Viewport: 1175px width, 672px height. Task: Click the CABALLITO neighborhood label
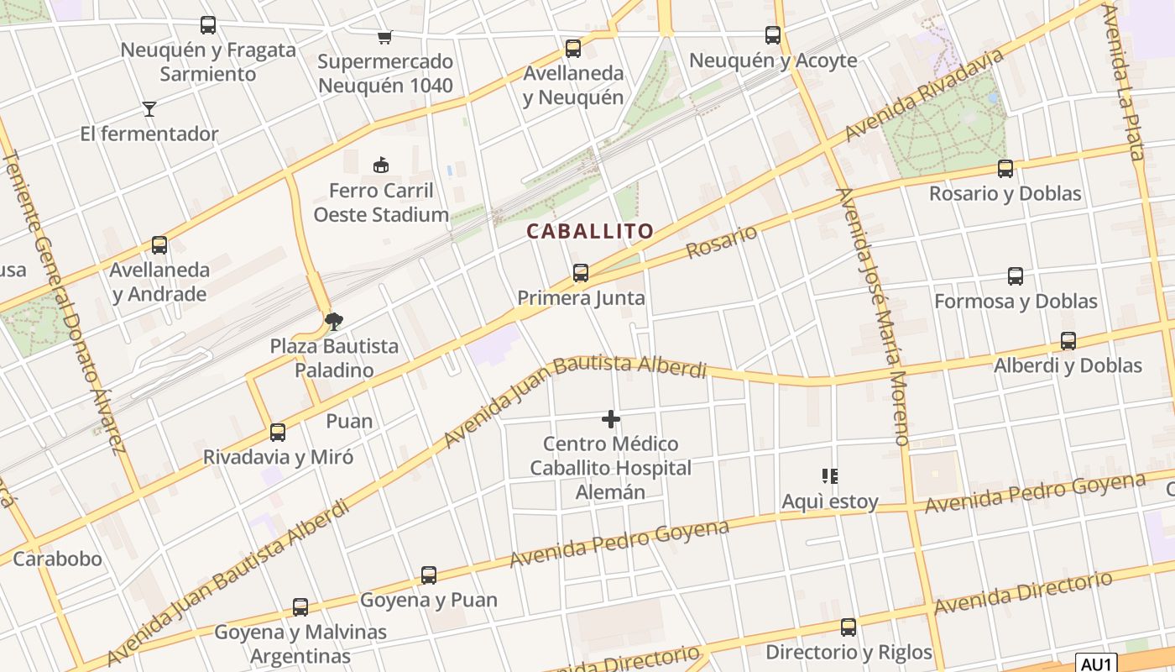590,232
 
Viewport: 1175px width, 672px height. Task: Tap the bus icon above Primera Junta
580,273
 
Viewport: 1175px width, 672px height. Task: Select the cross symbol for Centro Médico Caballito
611,418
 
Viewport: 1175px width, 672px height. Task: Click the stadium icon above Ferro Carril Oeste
381,165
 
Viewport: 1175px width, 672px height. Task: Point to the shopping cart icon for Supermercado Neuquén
384,37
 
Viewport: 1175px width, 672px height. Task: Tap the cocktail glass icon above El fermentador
149,108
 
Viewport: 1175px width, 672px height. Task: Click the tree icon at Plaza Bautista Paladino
334,321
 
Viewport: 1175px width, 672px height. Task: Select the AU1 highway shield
1096,662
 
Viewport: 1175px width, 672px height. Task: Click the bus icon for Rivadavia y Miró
278,433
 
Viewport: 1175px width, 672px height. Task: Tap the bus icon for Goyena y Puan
429,575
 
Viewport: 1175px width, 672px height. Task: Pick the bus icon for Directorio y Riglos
849,627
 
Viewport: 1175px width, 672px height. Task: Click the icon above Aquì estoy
830,477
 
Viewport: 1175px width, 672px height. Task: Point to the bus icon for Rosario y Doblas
1005,169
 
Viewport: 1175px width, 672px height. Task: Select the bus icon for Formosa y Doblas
1016,276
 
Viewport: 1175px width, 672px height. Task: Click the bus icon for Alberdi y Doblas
1068,341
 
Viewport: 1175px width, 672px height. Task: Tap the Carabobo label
57,559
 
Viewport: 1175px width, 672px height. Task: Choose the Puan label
349,421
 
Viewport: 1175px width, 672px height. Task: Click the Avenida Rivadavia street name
923,95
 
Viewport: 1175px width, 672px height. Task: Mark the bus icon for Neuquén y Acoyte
773,35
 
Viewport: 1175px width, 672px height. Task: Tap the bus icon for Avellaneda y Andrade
159,245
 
